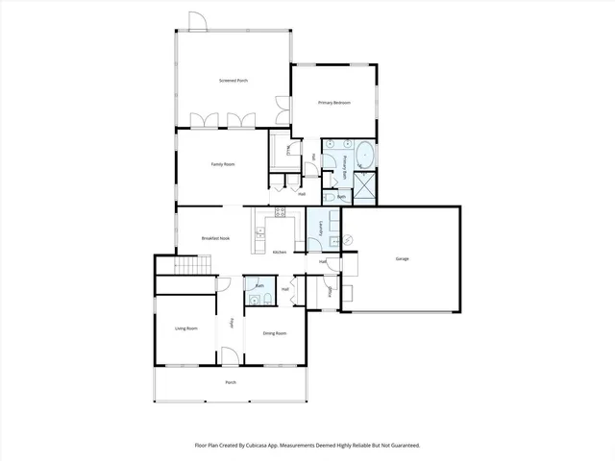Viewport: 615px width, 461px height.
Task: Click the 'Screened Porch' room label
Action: click(x=234, y=80)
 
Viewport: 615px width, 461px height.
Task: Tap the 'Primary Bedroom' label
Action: click(x=332, y=102)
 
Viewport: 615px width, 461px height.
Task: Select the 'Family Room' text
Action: click(x=223, y=164)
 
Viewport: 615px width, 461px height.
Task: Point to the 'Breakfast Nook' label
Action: click(x=214, y=237)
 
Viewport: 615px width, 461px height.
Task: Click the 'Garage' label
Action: click(x=402, y=258)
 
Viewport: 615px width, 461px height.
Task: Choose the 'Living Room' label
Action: click(x=185, y=328)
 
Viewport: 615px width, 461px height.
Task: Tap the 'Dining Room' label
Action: click(x=275, y=332)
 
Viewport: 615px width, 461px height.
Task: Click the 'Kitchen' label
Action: click(x=280, y=252)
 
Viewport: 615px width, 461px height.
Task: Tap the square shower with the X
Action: click(x=365, y=186)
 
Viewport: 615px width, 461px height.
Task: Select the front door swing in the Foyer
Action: click(x=230, y=355)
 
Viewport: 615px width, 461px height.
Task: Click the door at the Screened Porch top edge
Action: click(x=197, y=21)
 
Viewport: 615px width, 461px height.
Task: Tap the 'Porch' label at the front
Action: click(x=231, y=382)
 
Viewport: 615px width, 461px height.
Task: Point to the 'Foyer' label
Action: click(x=232, y=324)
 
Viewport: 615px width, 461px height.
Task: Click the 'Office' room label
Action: click(x=330, y=291)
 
